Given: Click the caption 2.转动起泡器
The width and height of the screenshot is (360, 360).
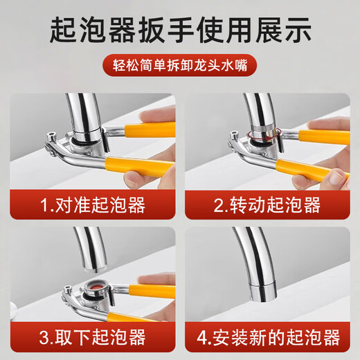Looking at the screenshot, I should [x=267, y=205].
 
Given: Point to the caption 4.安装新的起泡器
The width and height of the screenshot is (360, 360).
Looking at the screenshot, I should [x=267, y=338].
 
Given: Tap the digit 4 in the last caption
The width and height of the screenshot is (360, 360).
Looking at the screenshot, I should [x=201, y=338].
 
